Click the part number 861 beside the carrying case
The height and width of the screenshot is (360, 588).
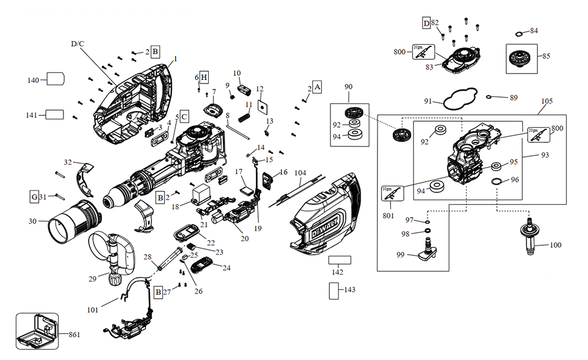coord(74,334)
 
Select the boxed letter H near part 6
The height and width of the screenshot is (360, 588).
coord(203,77)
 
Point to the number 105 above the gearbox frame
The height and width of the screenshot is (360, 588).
coord(547,101)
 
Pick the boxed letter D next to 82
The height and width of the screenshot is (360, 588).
coord(426,23)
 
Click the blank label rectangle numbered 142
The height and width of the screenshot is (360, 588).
coord(339,260)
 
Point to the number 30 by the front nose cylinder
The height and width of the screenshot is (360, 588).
coord(34,221)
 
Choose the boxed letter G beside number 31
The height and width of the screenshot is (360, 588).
coord(35,196)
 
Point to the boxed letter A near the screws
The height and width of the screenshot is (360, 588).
coord(317,87)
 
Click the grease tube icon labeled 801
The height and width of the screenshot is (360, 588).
coord(393,192)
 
